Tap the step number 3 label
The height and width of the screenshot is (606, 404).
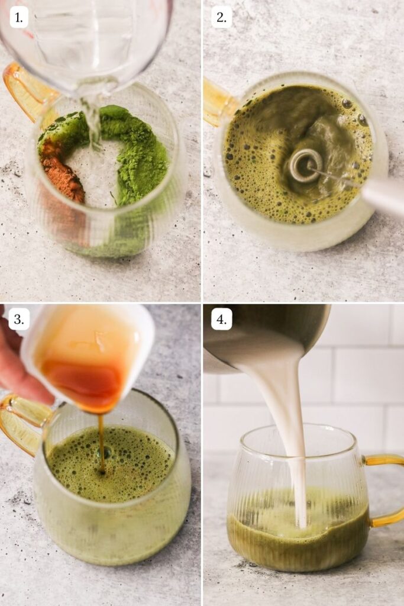point(18,320)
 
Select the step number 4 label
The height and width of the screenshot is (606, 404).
point(221,320)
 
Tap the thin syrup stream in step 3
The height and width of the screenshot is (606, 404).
point(101,441)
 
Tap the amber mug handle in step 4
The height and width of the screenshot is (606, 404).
point(387,491)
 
